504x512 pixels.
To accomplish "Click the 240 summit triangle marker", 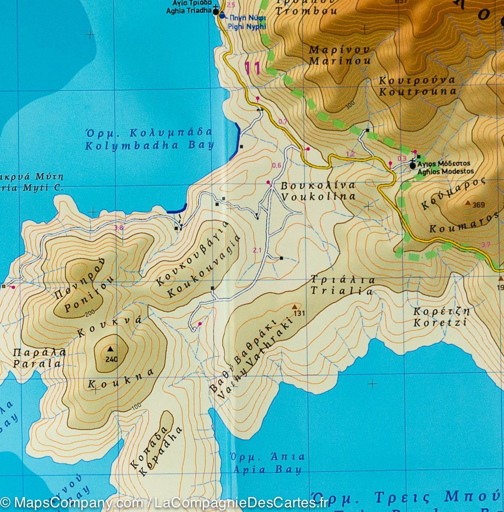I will click(x=111, y=349).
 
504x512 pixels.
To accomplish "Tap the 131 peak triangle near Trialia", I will click(x=294, y=306).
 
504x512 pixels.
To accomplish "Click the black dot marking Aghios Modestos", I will click(x=412, y=165).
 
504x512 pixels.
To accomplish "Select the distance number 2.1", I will click(x=256, y=250).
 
